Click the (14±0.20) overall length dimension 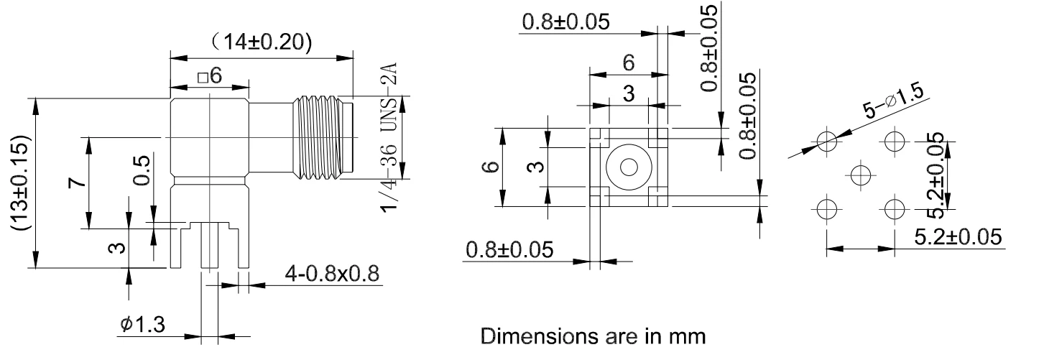[261, 42]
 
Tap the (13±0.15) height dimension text [21, 183]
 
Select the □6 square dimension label [210, 75]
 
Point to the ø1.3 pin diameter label [142, 323]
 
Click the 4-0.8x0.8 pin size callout [332, 273]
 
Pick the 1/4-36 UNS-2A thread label [389, 137]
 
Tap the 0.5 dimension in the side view [142, 170]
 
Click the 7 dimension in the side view [78, 183]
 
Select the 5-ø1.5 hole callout [893, 102]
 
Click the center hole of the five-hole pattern [860, 175]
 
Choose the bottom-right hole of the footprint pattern [895, 208]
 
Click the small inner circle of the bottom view [629, 167]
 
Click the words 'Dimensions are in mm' [593, 336]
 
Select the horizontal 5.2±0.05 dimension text [958, 237]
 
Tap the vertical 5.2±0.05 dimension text [936, 176]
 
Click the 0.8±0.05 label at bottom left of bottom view [509, 249]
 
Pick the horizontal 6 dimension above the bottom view [629, 62]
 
